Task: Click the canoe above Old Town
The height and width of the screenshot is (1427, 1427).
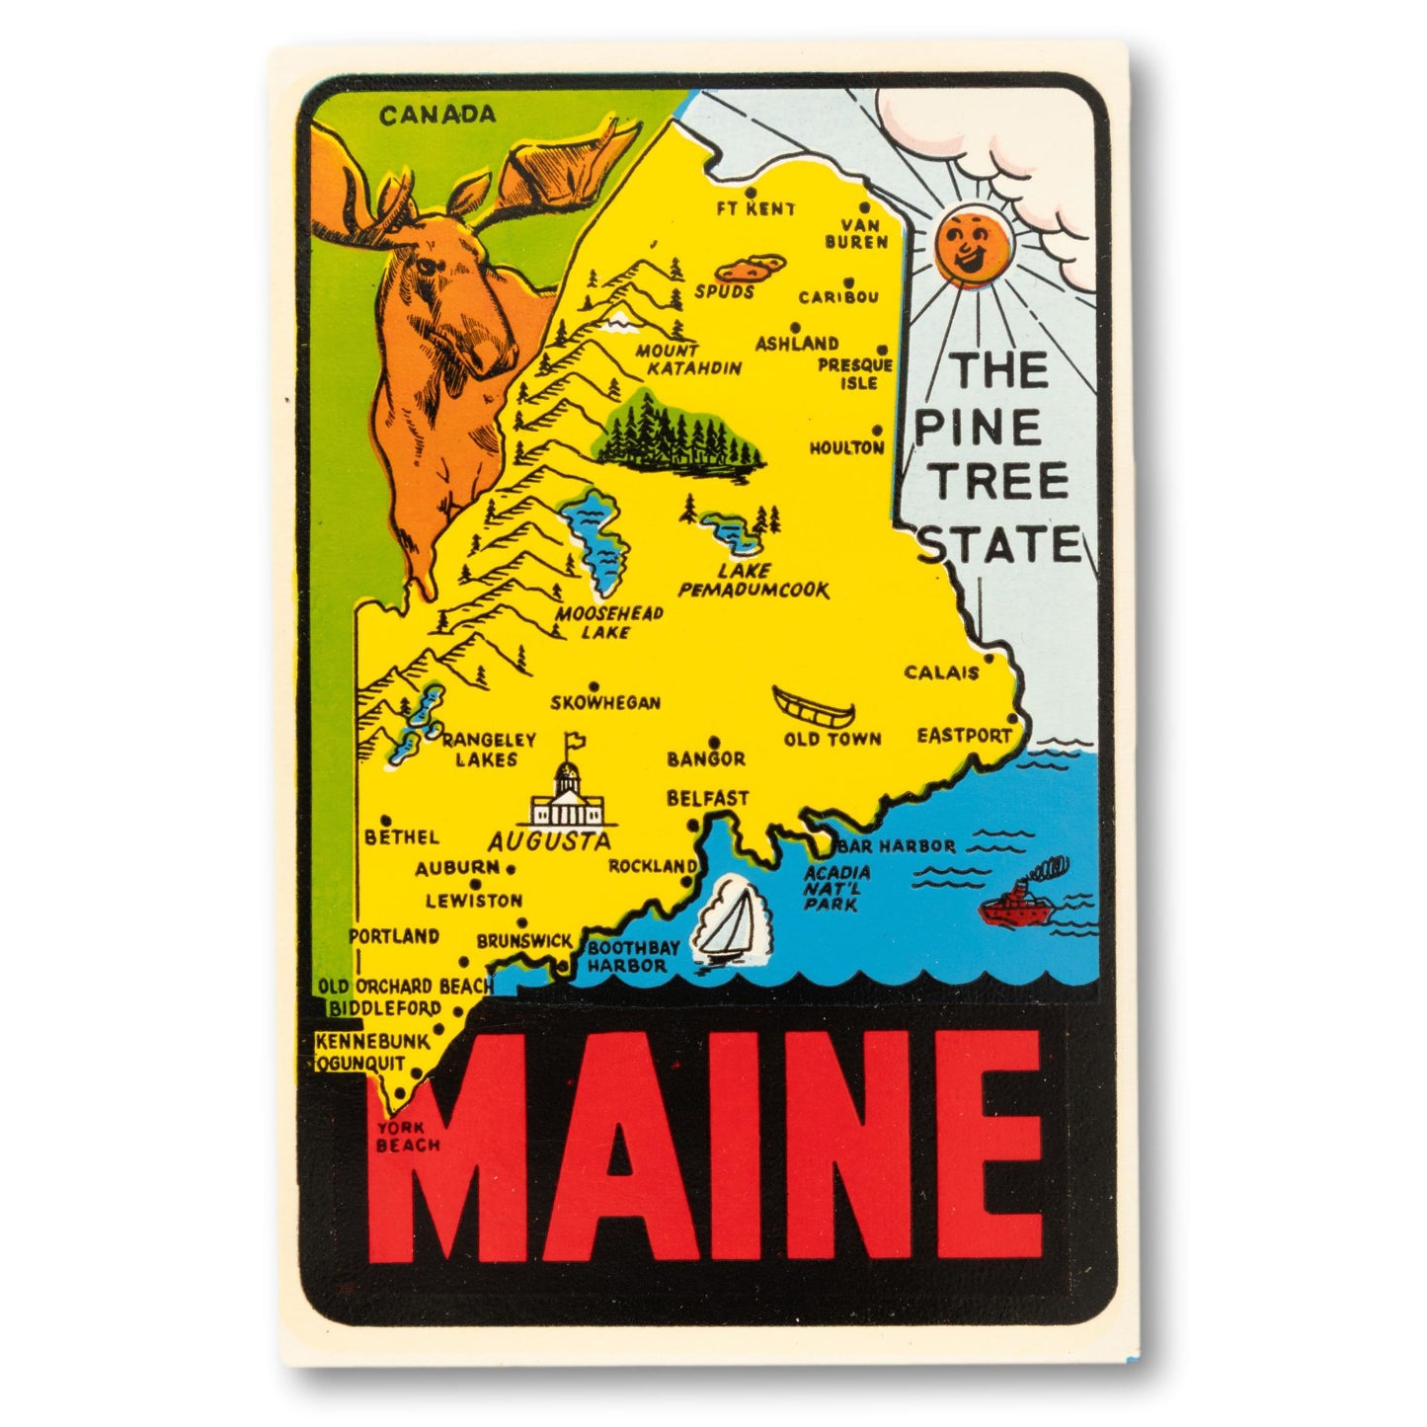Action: (814, 707)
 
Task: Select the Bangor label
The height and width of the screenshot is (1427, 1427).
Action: (705, 758)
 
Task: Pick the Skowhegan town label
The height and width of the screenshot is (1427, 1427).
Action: (605, 703)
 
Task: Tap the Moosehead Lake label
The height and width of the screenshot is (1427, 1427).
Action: (607, 622)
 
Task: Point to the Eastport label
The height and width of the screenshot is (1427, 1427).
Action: (964, 736)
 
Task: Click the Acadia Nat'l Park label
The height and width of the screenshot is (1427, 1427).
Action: (836, 887)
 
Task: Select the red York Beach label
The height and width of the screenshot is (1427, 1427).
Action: (402, 1136)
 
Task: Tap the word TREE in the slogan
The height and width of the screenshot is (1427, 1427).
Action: (1001, 481)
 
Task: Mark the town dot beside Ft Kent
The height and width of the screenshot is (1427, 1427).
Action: (751, 193)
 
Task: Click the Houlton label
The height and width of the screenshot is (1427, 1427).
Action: (846, 447)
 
